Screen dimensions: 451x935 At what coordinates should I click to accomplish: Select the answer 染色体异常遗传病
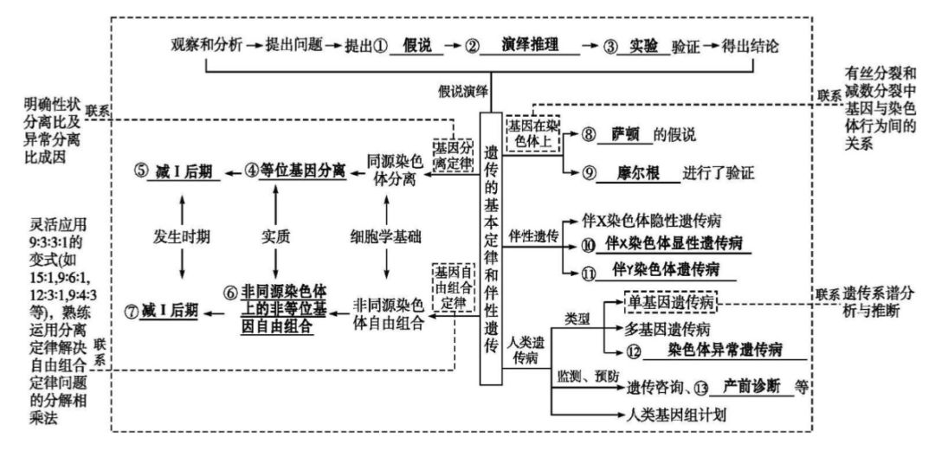click(x=725, y=350)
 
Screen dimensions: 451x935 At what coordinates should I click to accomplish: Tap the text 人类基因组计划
click(x=677, y=414)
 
